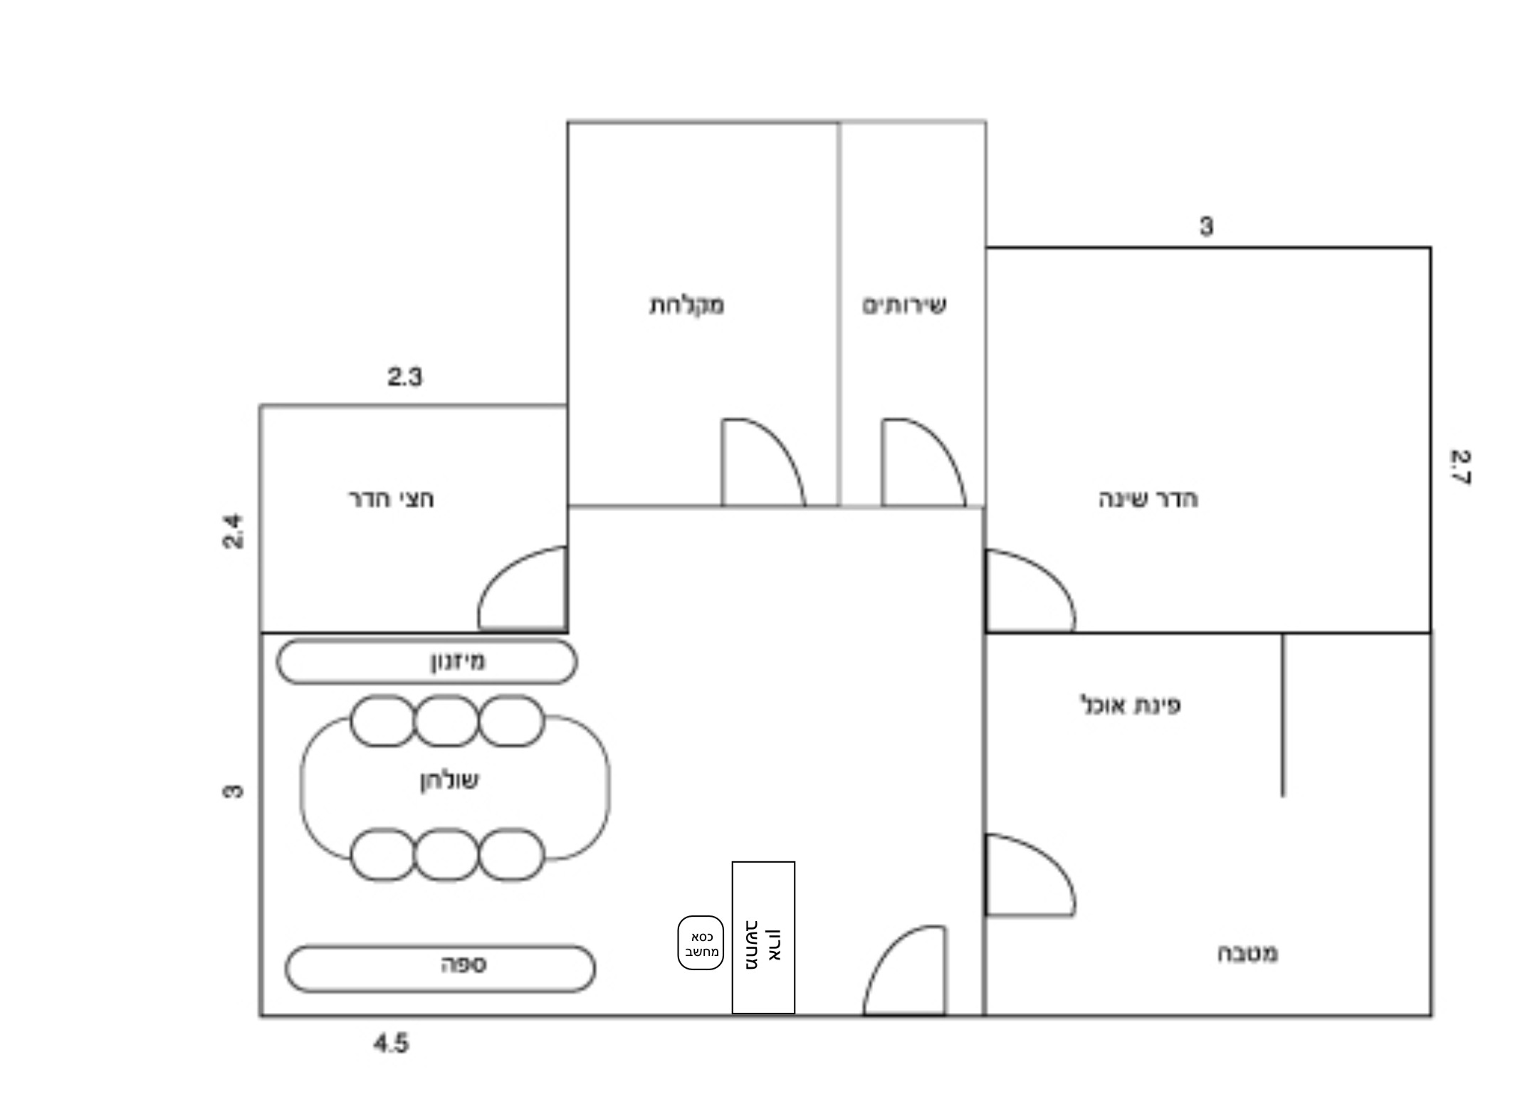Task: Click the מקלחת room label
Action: tap(687, 305)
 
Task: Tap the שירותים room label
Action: tap(904, 305)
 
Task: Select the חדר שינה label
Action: tap(1148, 499)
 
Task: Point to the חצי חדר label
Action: tap(391, 499)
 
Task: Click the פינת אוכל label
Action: tap(1131, 705)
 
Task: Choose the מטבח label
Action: tap(1247, 953)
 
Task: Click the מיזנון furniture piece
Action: tap(426, 661)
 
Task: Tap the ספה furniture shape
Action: tap(440, 968)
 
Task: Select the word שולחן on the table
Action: tap(449, 781)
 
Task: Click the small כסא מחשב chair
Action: tap(701, 942)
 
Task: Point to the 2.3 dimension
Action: tap(404, 377)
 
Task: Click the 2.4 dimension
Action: tap(233, 531)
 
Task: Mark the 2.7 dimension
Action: tap(1461, 467)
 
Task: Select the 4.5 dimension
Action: tap(391, 1044)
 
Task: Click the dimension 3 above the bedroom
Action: tap(1206, 226)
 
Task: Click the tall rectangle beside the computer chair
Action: tap(763, 937)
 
